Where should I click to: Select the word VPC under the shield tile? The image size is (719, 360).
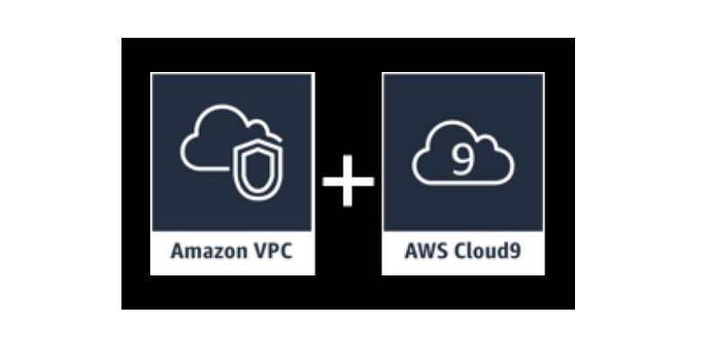[274, 252]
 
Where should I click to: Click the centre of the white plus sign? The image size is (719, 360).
[349, 180]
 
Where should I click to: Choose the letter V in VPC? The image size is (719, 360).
[261, 252]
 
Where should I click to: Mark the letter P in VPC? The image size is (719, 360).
[274, 252]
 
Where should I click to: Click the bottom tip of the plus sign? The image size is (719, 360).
[349, 203]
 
